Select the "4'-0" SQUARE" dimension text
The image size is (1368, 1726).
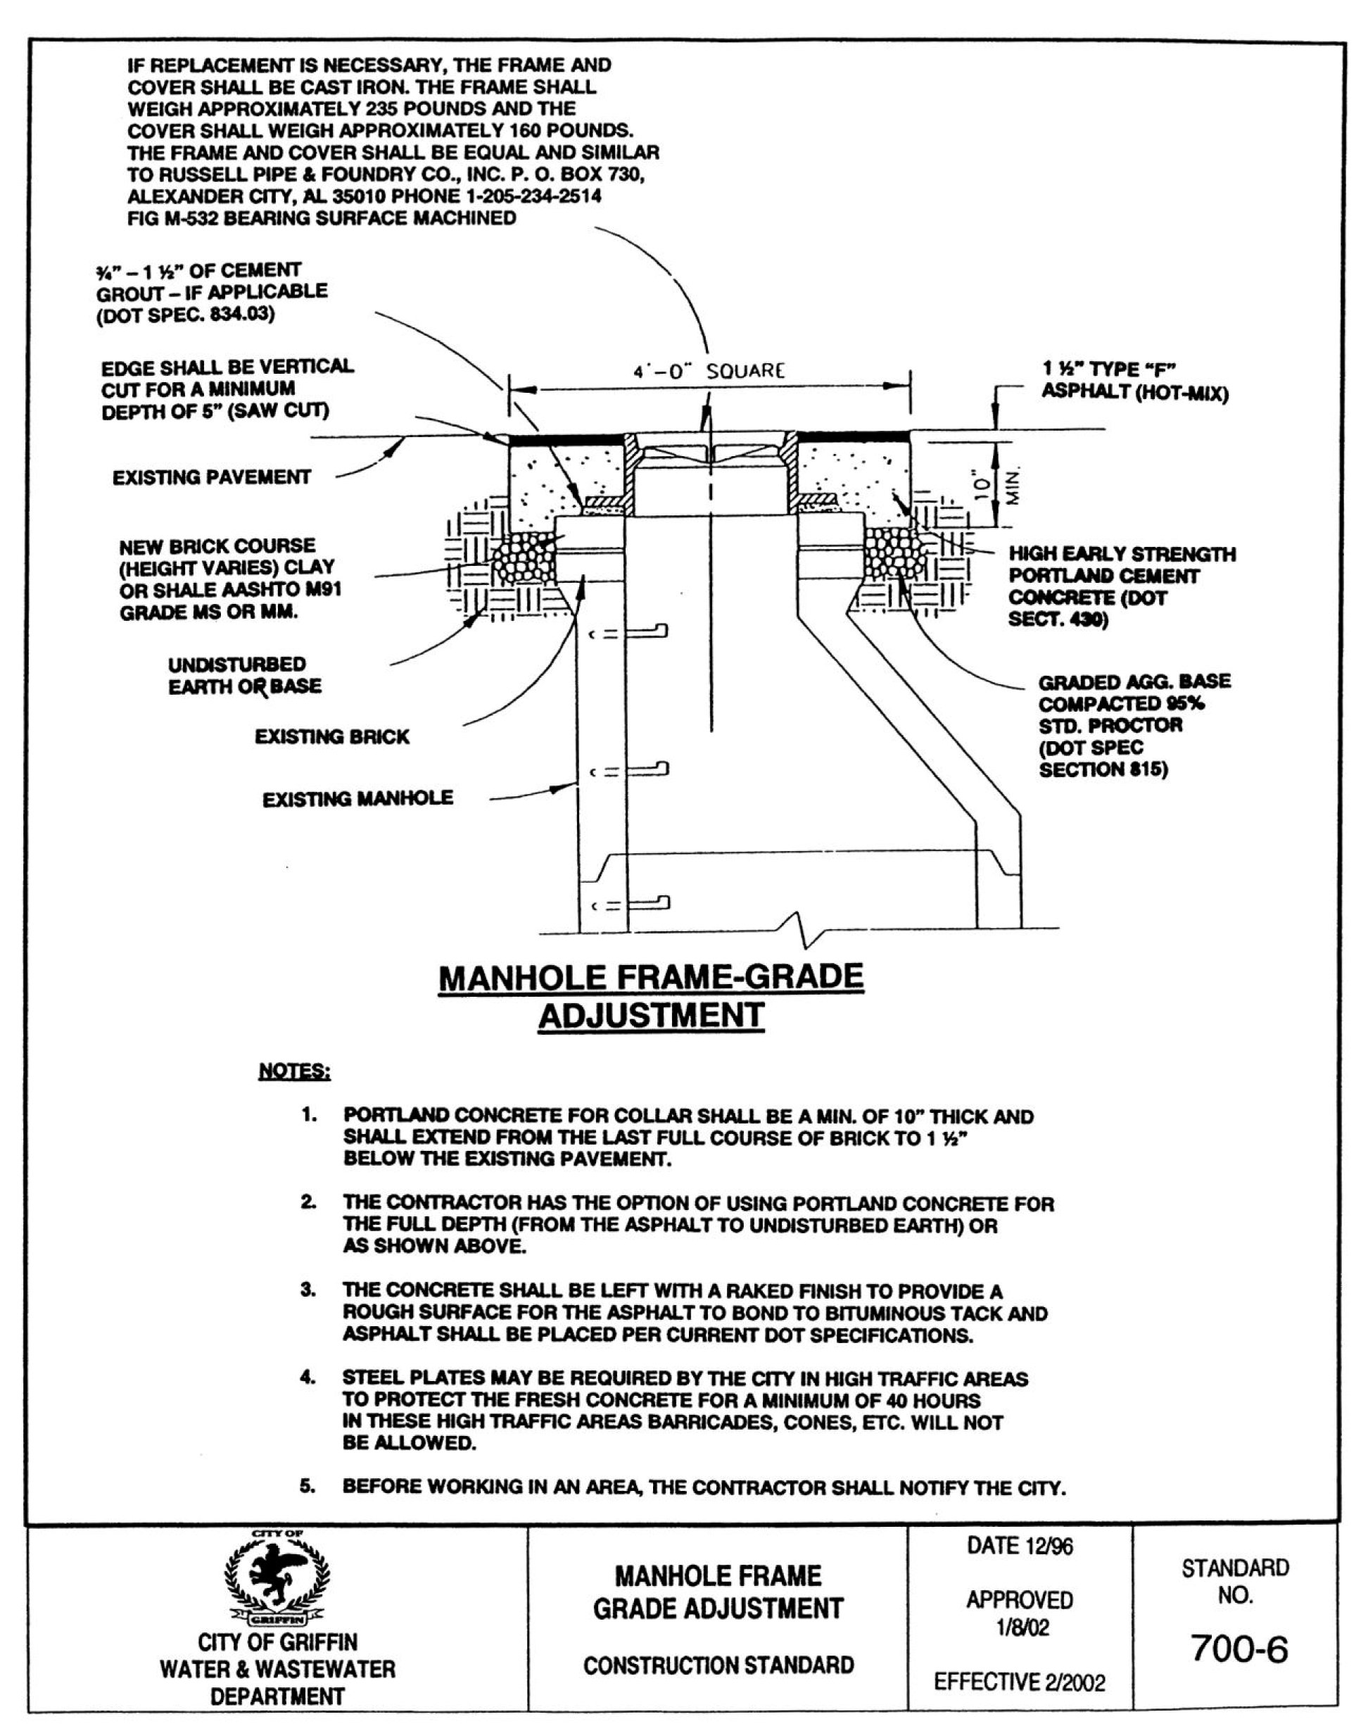pyautogui.click(x=709, y=372)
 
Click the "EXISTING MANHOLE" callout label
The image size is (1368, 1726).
pyautogui.click(x=357, y=798)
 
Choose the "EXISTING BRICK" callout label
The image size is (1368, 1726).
pyautogui.click(x=331, y=736)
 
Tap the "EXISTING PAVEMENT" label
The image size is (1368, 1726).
pyautogui.click(x=211, y=477)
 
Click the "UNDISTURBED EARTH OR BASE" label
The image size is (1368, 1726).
pyautogui.click(x=244, y=676)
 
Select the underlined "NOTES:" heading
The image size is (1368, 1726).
pyautogui.click(x=293, y=1071)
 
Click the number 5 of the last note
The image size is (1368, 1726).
pyautogui.click(x=307, y=1486)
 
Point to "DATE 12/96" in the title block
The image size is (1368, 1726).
pyautogui.click(x=1019, y=1546)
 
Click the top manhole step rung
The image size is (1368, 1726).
pyautogui.click(x=646, y=631)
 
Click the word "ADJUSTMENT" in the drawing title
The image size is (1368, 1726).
pyautogui.click(x=651, y=1015)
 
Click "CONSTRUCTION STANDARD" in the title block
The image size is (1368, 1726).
pyautogui.click(x=718, y=1665)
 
